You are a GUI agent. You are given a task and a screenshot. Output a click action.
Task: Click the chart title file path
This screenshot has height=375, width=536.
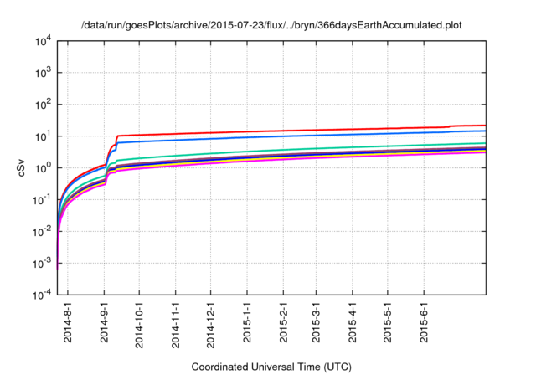pos(271,25)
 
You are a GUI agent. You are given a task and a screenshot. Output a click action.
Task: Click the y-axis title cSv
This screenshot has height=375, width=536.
pos(23,167)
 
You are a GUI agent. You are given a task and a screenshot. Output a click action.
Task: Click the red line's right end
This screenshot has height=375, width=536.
pos(486,126)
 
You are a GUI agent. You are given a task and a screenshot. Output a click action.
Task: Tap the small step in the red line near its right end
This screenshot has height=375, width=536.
pos(450,126)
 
